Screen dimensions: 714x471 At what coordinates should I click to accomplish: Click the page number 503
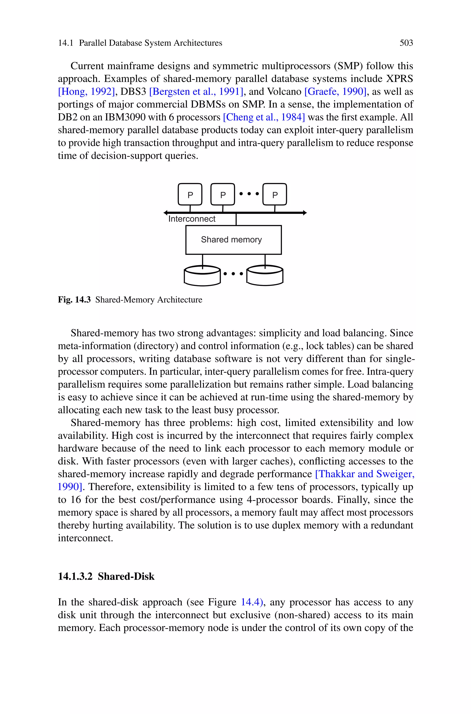click(406, 43)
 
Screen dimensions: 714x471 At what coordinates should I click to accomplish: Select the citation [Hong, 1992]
click(86, 92)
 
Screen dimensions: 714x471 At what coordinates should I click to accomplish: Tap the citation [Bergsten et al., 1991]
click(196, 92)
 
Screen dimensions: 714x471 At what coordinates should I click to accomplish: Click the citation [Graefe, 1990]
click(336, 92)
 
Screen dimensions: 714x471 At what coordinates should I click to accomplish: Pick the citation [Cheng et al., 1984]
click(264, 117)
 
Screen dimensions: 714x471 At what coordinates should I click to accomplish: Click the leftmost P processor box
click(190, 195)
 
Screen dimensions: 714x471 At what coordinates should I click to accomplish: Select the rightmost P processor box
click(275, 195)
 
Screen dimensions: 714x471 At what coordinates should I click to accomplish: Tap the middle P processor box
click(223, 195)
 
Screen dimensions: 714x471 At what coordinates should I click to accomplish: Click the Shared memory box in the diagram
click(233, 240)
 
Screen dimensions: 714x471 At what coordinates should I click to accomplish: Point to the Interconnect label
click(192, 219)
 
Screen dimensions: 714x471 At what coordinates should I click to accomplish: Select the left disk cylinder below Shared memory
click(202, 276)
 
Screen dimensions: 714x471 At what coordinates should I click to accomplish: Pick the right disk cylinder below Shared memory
click(265, 276)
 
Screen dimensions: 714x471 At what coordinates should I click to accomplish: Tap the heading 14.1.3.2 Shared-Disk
click(106, 576)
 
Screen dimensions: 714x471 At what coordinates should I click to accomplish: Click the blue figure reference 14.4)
click(252, 602)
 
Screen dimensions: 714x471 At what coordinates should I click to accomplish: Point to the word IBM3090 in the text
click(125, 117)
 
